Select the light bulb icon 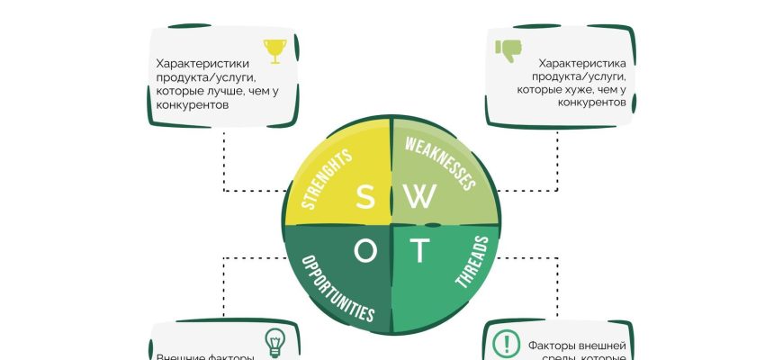click(274, 342)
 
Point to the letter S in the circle click(364, 198)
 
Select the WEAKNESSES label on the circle click(439, 163)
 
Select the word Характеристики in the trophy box click(199, 64)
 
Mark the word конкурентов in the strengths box click(192, 104)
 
